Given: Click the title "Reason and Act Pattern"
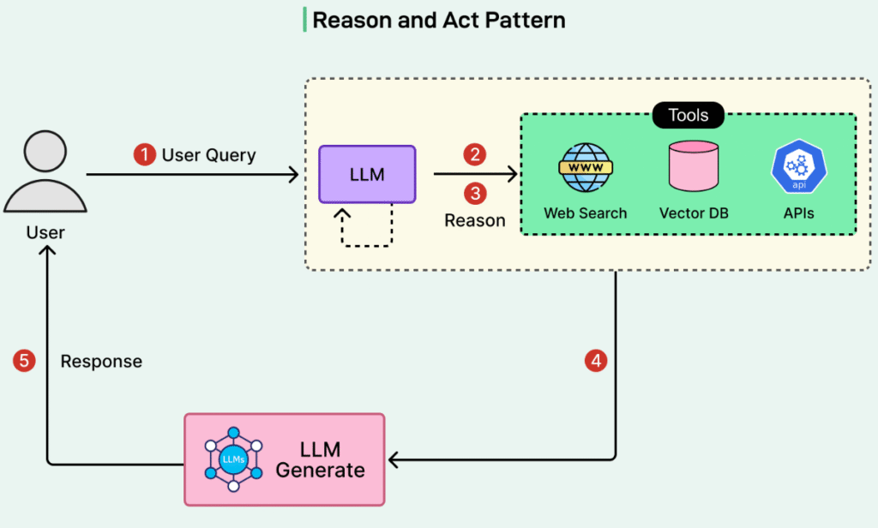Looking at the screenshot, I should (438, 21).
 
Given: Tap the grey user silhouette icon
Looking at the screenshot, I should (45, 171).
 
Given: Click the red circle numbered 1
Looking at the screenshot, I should (144, 155).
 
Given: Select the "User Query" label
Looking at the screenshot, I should (208, 155).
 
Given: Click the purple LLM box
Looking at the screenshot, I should (367, 174).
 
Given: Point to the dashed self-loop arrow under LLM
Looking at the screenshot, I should (367, 227).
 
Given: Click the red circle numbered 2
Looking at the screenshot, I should (475, 154).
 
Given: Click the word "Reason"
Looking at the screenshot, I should (474, 220).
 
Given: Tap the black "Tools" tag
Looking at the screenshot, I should (689, 115).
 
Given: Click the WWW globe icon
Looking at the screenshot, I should (585, 167).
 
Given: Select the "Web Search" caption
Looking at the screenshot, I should (586, 213).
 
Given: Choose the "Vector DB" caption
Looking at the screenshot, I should (694, 213).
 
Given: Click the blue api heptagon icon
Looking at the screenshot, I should (798, 167).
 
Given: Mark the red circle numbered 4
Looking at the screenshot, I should (596, 361).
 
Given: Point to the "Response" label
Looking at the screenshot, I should (101, 362).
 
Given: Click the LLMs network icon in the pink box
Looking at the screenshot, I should (232, 460).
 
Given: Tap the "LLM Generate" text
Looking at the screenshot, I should (320, 460).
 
